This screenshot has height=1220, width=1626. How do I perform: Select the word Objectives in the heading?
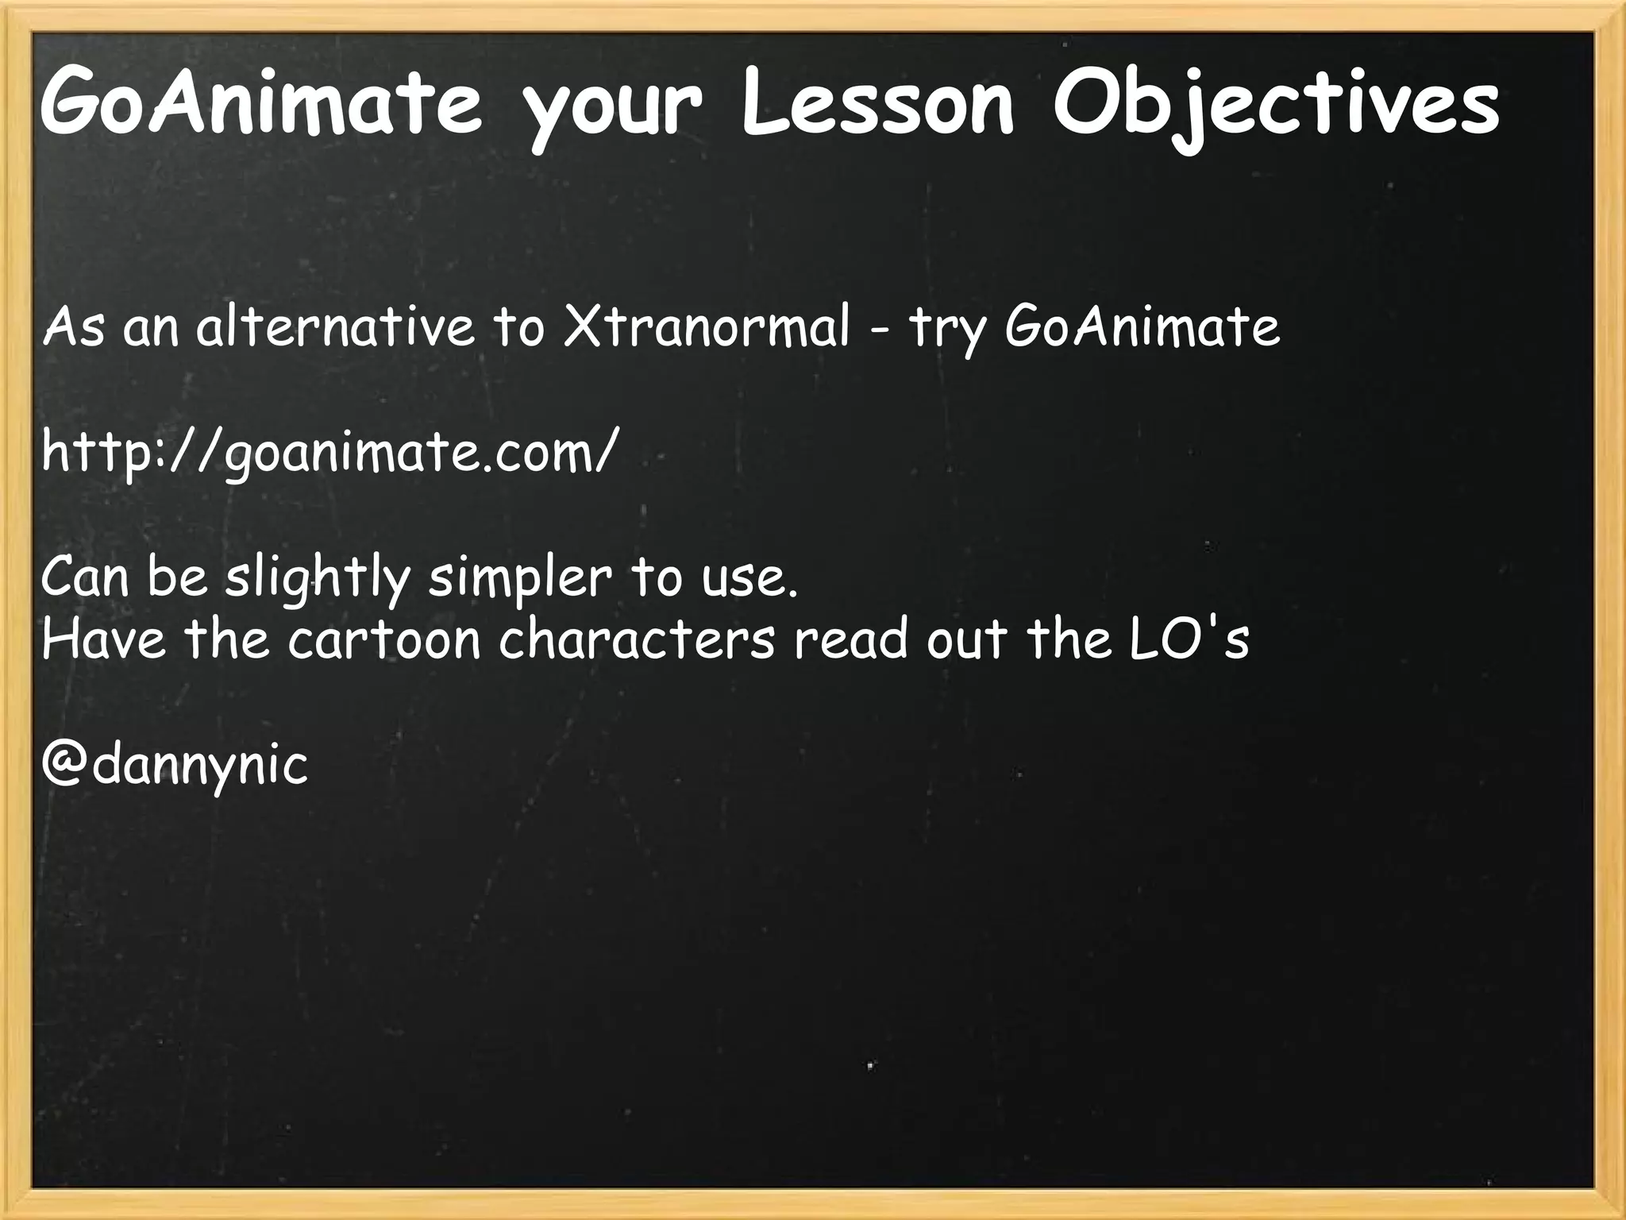[x=1275, y=107]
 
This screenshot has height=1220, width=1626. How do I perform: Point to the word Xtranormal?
[x=706, y=326]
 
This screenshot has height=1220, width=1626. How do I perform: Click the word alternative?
[x=334, y=326]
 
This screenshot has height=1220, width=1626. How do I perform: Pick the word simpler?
[x=520, y=578]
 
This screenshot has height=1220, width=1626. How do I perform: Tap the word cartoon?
[x=384, y=639]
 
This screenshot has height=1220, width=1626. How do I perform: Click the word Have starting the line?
[x=103, y=639]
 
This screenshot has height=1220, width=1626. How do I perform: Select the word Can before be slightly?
[x=84, y=577]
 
